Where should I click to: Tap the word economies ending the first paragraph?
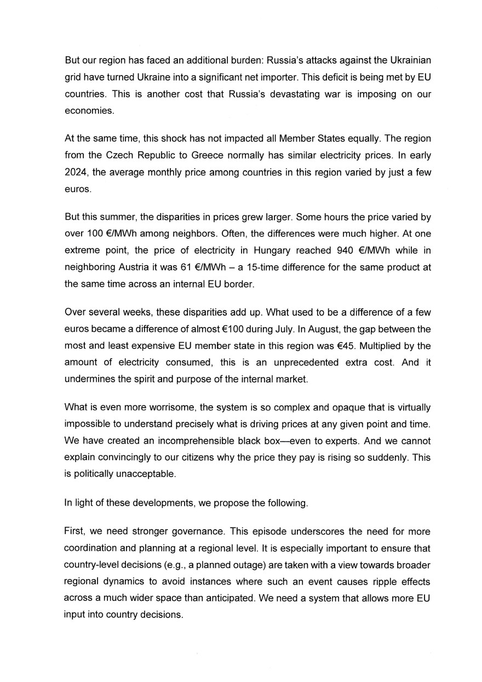tap(89, 111)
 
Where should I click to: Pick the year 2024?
tap(76, 173)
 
